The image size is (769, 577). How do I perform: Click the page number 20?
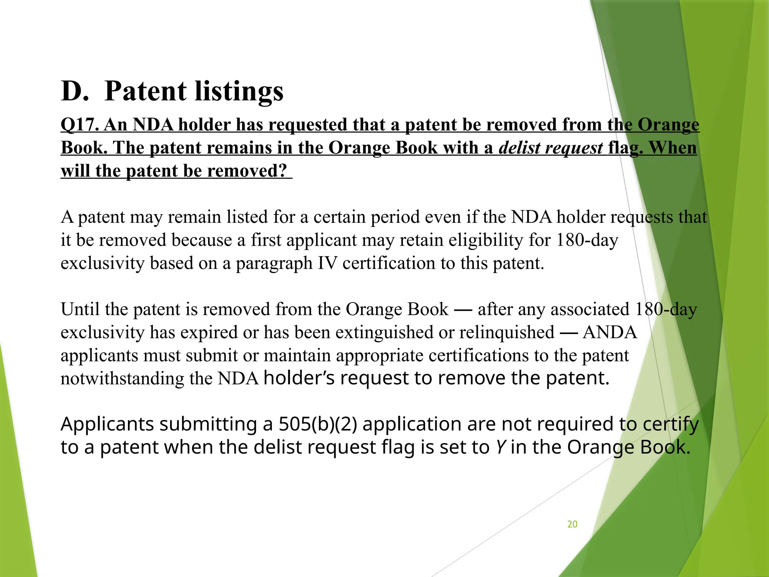coord(572,524)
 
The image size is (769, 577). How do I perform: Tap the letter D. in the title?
coord(75,91)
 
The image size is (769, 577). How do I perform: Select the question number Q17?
coord(80,125)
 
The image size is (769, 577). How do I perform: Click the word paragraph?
coord(274,263)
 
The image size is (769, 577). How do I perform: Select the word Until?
coord(80,310)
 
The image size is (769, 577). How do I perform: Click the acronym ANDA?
coord(610,332)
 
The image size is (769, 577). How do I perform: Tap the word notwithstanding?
coord(122,379)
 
